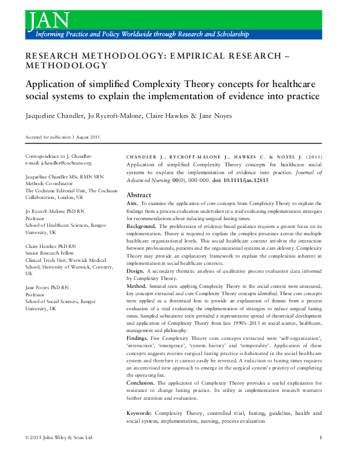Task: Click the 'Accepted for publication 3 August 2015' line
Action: coord(62,137)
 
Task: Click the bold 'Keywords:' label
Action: coord(139,413)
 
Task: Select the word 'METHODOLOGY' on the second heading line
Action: coord(67,65)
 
